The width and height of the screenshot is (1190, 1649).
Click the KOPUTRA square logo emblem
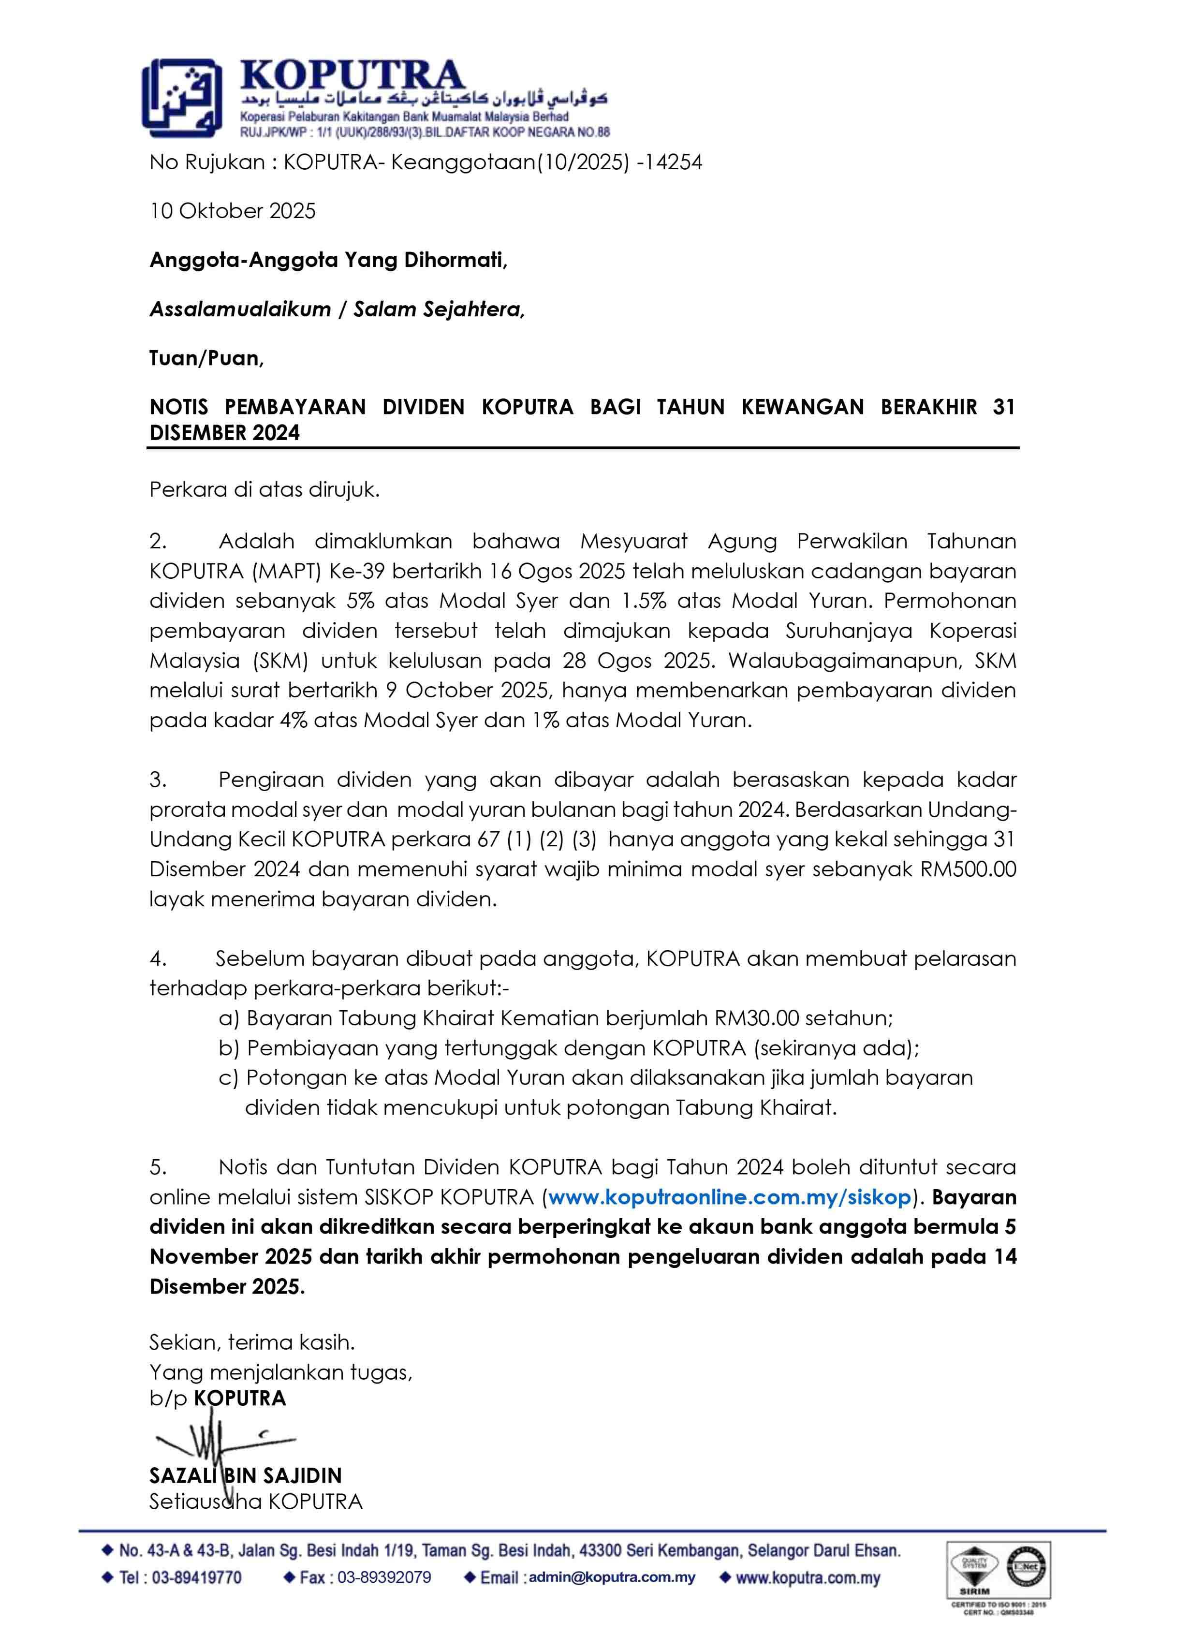[x=182, y=98]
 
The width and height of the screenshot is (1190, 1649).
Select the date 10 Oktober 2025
[x=233, y=211]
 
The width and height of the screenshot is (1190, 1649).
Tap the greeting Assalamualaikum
[x=240, y=309]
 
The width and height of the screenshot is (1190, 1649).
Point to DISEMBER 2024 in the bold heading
[x=225, y=433]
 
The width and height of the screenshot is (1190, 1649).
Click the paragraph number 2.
[x=158, y=541]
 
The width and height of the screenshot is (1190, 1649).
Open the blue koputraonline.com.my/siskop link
[x=730, y=1197]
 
